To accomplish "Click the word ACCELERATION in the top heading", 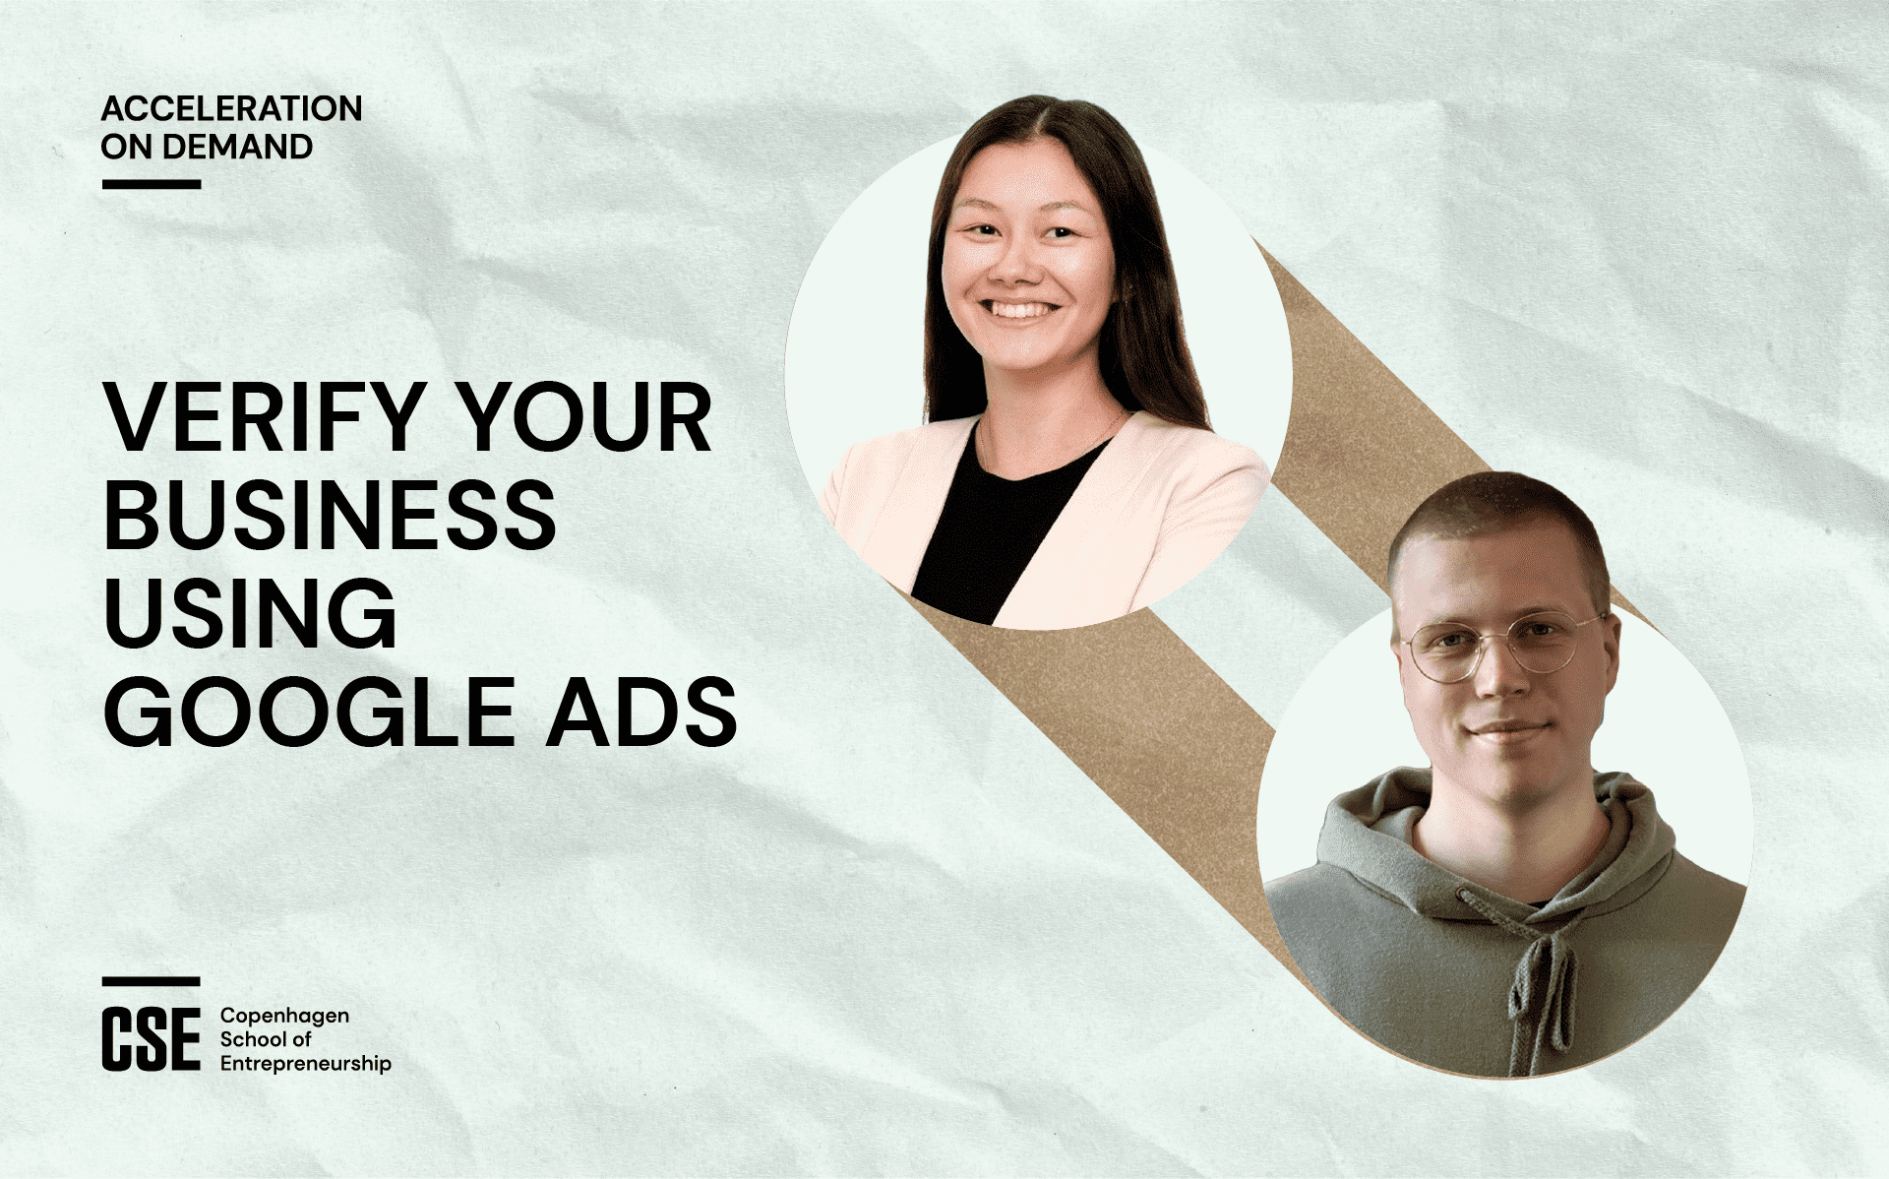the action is pyautogui.click(x=231, y=108).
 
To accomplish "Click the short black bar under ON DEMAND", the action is pyautogui.click(x=152, y=184).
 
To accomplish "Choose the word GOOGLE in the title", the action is pyautogui.click(x=309, y=711).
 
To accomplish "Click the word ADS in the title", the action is pyautogui.click(x=641, y=711).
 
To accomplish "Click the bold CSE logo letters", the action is pyautogui.click(x=151, y=1038).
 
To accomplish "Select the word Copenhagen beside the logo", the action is pyautogui.click(x=284, y=1017).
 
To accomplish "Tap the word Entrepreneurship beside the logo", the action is pyautogui.click(x=306, y=1064).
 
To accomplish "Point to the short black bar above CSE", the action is pyautogui.click(x=152, y=981).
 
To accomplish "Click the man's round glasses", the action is pyautogui.click(x=1503, y=647).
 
